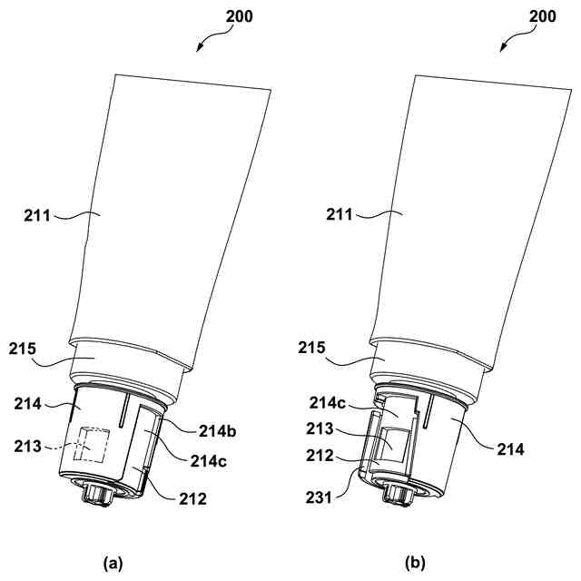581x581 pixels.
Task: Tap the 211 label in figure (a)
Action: coord(39,215)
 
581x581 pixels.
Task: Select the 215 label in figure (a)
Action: coord(29,350)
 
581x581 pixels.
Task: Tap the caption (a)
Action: coord(113,564)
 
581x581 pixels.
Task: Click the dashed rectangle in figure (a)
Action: coord(93,447)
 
